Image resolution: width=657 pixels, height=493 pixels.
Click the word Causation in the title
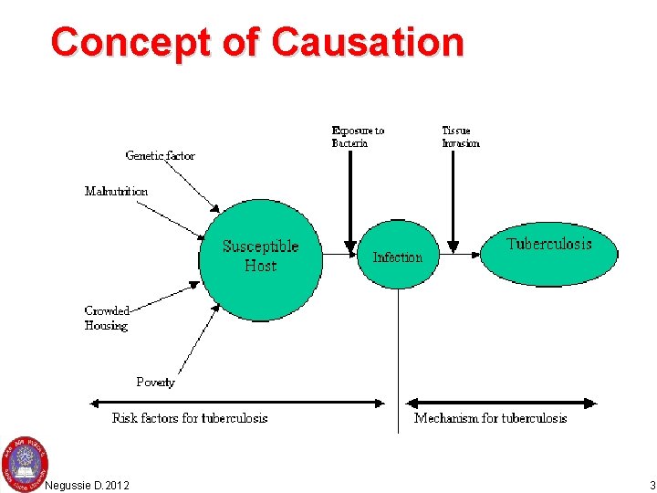pyautogui.click(x=368, y=42)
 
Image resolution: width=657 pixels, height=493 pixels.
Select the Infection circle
pyautogui.click(x=398, y=257)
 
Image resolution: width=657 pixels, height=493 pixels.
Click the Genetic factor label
pyautogui.click(x=160, y=155)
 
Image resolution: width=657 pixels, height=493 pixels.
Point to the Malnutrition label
pyautogui.click(x=116, y=191)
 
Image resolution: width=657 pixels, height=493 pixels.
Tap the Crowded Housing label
pyautogui.click(x=107, y=318)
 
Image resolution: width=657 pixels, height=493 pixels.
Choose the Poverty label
pyautogui.click(x=155, y=382)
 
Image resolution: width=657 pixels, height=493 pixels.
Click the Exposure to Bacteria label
pyautogui.click(x=358, y=136)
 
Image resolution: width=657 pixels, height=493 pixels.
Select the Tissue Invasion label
pyautogui.click(x=461, y=136)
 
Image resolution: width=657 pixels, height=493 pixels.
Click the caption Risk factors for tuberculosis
pyautogui.click(x=190, y=418)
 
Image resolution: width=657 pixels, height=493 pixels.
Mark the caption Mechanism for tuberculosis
pyautogui.click(x=490, y=418)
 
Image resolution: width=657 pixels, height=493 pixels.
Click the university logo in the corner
pyautogui.click(x=25, y=458)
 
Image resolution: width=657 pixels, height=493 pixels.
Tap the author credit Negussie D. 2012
pyautogui.click(x=87, y=485)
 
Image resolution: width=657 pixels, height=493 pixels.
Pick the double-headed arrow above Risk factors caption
pyautogui.click(x=237, y=402)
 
